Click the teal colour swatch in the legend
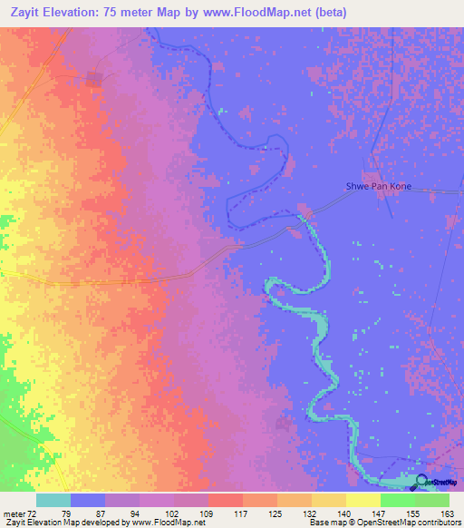(x=53, y=500)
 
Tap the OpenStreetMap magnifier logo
(x=422, y=481)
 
